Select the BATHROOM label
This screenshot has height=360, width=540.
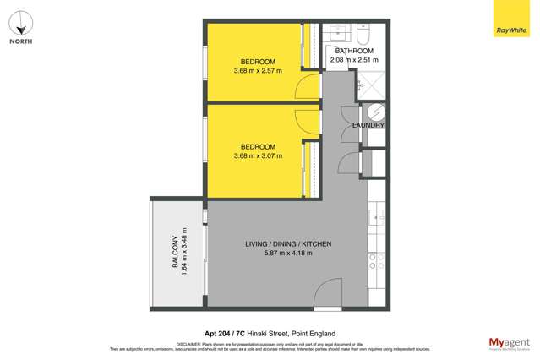pos(354,52)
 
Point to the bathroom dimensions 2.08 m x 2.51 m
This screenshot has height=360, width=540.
pos(354,61)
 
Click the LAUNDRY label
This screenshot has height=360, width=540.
pos(368,125)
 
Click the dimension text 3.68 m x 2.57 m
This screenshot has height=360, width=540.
pos(258,71)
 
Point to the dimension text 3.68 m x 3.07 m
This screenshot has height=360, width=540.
pos(258,156)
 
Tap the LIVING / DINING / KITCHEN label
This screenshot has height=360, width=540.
pos(288,244)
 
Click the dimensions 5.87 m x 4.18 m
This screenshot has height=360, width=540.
pos(288,254)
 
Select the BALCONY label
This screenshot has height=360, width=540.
pos(175,252)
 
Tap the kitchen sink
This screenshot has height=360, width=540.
pos(378,218)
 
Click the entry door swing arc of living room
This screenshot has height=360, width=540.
pos(327,296)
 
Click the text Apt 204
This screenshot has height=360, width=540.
pos(219,333)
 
